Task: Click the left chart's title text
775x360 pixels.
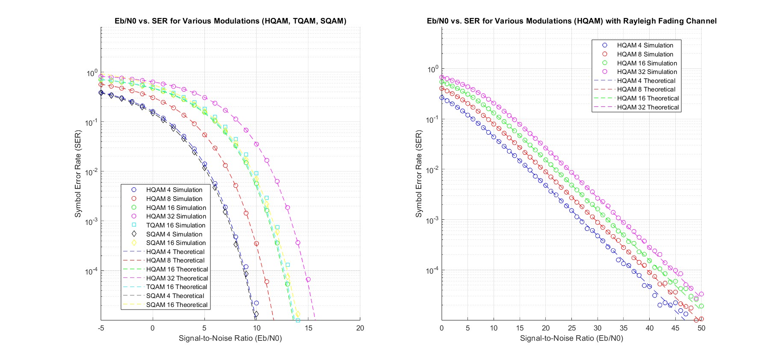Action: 230,21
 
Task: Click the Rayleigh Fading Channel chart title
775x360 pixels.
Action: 571,21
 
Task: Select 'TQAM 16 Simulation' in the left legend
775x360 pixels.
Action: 175,225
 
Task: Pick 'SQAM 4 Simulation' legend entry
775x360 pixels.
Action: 174,234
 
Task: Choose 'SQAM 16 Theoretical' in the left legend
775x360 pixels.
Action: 177,305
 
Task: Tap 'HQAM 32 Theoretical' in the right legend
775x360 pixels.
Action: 648,107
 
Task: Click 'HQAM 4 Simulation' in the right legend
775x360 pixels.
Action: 645,45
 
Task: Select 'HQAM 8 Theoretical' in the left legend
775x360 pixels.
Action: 175,260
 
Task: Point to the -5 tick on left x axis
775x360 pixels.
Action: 101,328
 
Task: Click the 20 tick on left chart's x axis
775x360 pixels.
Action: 360,328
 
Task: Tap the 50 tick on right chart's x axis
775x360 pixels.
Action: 701,328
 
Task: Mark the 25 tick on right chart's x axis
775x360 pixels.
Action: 571,328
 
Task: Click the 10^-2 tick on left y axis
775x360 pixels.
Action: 92,172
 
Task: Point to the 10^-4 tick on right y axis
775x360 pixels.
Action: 432,271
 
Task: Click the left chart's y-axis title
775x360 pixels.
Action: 78,174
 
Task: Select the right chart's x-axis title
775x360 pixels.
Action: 571,338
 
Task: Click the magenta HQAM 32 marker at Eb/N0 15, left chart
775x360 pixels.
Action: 308,280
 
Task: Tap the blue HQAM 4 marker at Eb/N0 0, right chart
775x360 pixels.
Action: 442,97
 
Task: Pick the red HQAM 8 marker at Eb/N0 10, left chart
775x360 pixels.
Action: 257,244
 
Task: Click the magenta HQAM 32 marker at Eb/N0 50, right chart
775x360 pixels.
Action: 701,294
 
